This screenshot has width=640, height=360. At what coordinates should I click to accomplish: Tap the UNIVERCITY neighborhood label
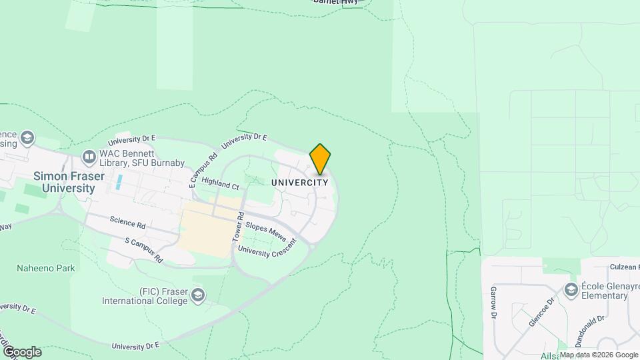pos(300,182)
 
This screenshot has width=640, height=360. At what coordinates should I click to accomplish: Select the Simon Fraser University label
pos(64,182)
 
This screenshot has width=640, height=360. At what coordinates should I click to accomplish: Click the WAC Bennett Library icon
pos(89,157)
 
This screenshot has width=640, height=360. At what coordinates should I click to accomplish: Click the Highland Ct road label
pos(219,184)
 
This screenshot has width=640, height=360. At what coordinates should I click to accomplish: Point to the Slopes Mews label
pos(266,232)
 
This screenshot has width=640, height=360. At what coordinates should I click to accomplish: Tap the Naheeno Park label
pos(46,268)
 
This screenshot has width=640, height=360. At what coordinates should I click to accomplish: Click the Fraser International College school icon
pos(198,294)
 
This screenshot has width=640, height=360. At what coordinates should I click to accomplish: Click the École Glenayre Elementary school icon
pos(571,289)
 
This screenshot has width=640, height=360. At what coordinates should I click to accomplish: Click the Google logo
pos(22,351)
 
